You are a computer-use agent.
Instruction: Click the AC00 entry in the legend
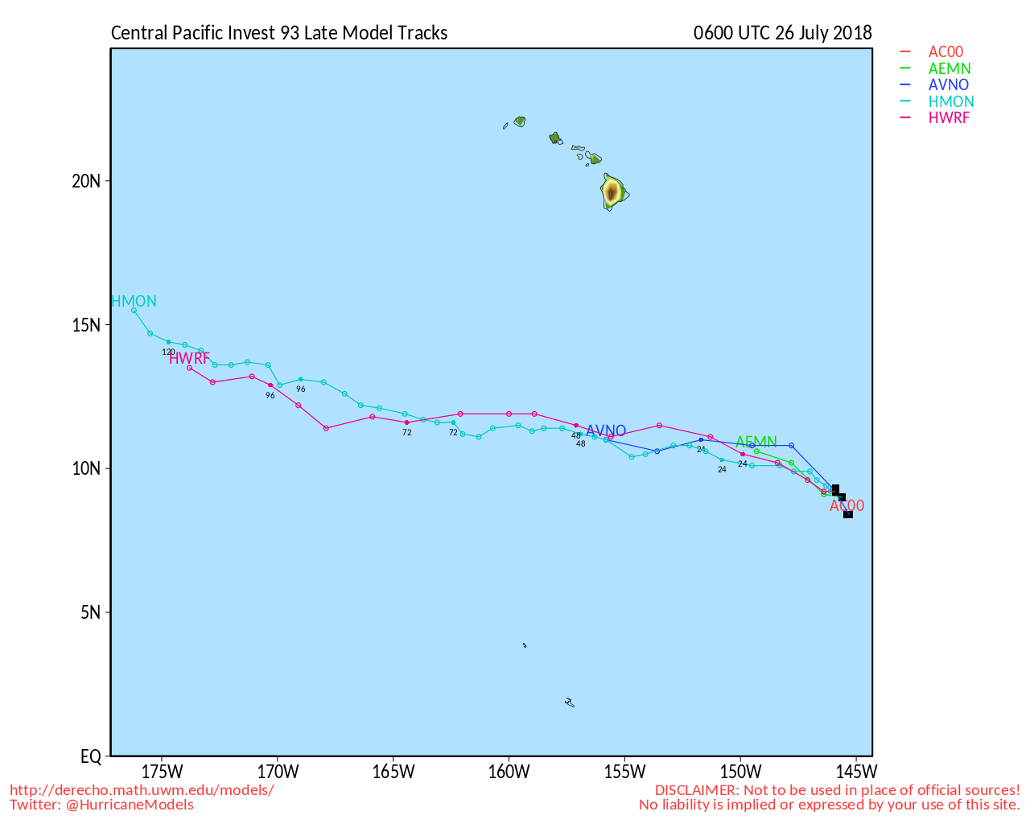tap(946, 52)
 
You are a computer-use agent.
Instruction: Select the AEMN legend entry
tap(950, 69)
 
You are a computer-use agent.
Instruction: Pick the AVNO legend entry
tap(949, 85)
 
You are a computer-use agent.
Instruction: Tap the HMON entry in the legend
tap(951, 102)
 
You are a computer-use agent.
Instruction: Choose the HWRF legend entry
tap(949, 118)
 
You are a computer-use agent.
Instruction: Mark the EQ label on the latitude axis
tap(91, 757)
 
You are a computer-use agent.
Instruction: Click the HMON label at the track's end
tap(134, 302)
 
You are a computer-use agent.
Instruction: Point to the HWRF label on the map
tap(189, 358)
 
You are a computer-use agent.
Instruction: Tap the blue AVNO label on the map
tap(606, 431)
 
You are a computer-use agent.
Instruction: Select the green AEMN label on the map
tap(756, 442)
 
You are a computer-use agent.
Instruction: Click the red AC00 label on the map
tap(847, 506)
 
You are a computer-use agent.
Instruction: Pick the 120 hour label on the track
tap(168, 352)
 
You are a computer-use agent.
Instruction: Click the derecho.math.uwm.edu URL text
tap(142, 790)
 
